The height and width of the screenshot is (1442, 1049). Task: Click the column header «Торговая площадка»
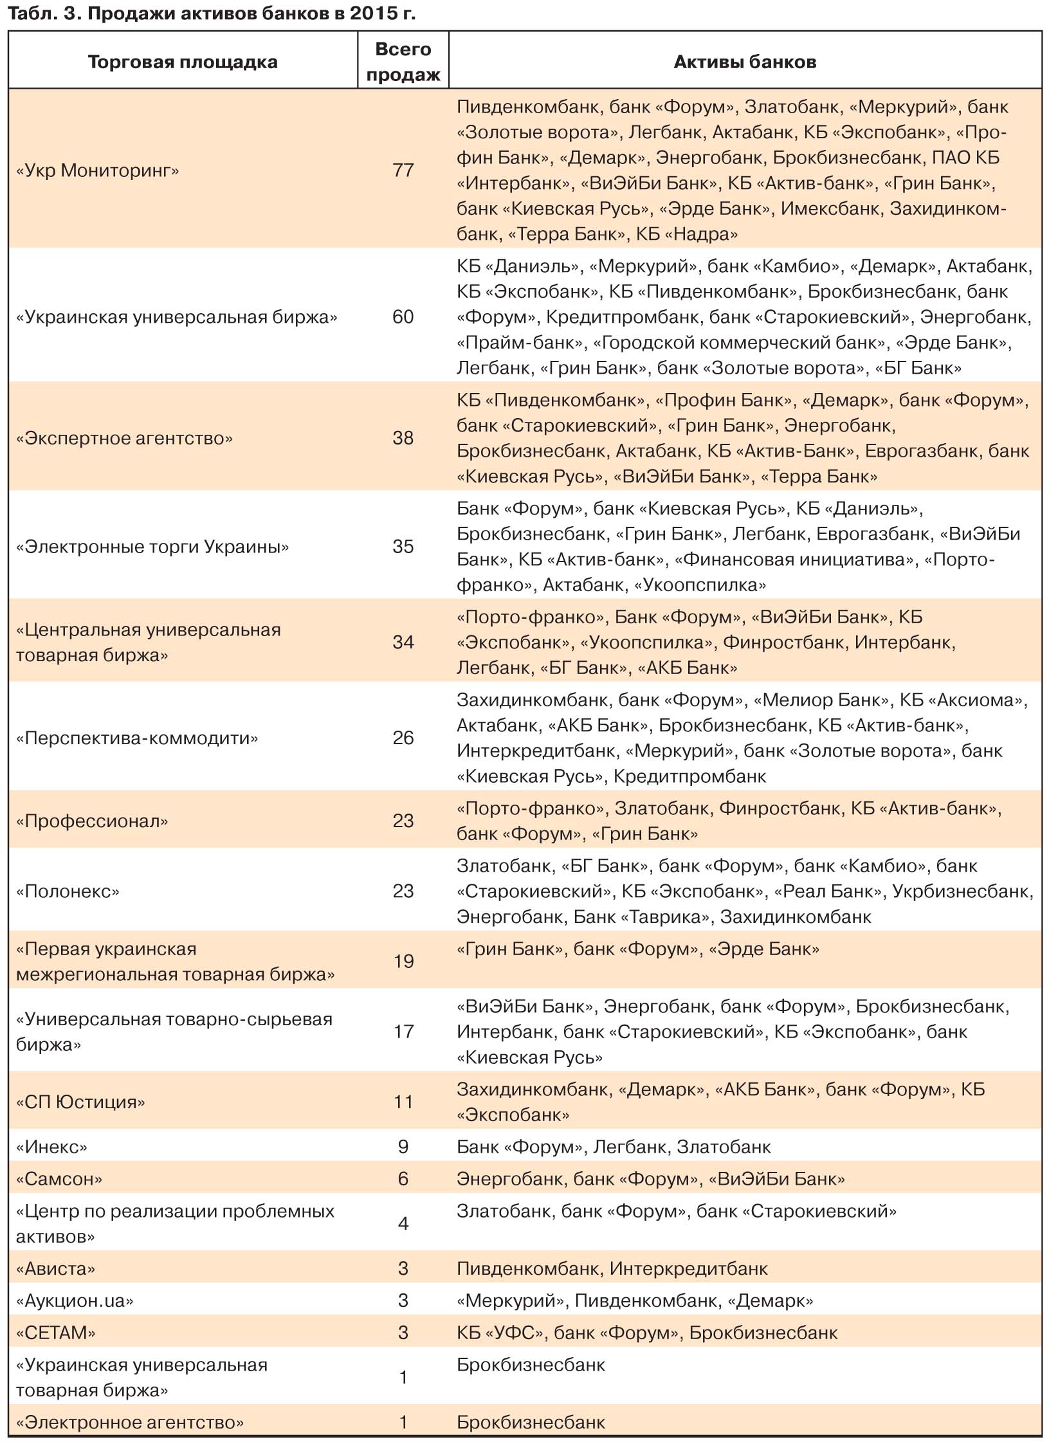click(183, 62)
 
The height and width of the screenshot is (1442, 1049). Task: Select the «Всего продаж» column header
click(403, 62)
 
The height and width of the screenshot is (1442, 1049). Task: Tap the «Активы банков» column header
click(745, 62)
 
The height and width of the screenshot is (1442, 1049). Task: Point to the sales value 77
click(403, 170)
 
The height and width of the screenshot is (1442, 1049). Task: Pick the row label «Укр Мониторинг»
click(98, 170)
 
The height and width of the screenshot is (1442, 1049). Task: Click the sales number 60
click(403, 317)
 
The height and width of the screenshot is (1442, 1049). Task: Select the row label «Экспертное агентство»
click(124, 439)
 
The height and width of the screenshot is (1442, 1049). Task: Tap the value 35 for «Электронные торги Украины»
click(403, 547)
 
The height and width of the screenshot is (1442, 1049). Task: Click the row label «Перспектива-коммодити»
click(137, 738)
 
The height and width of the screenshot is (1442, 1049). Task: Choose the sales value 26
click(403, 738)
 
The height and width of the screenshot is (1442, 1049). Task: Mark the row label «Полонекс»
click(68, 891)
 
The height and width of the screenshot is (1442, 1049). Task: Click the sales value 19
click(403, 962)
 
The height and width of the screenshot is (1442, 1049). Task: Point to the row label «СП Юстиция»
click(80, 1102)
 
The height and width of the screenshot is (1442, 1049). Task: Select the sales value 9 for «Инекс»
click(403, 1147)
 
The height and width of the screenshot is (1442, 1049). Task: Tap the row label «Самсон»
click(59, 1179)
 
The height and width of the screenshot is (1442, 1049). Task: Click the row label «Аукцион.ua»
click(75, 1301)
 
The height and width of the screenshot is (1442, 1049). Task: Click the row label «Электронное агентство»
click(130, 1422)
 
